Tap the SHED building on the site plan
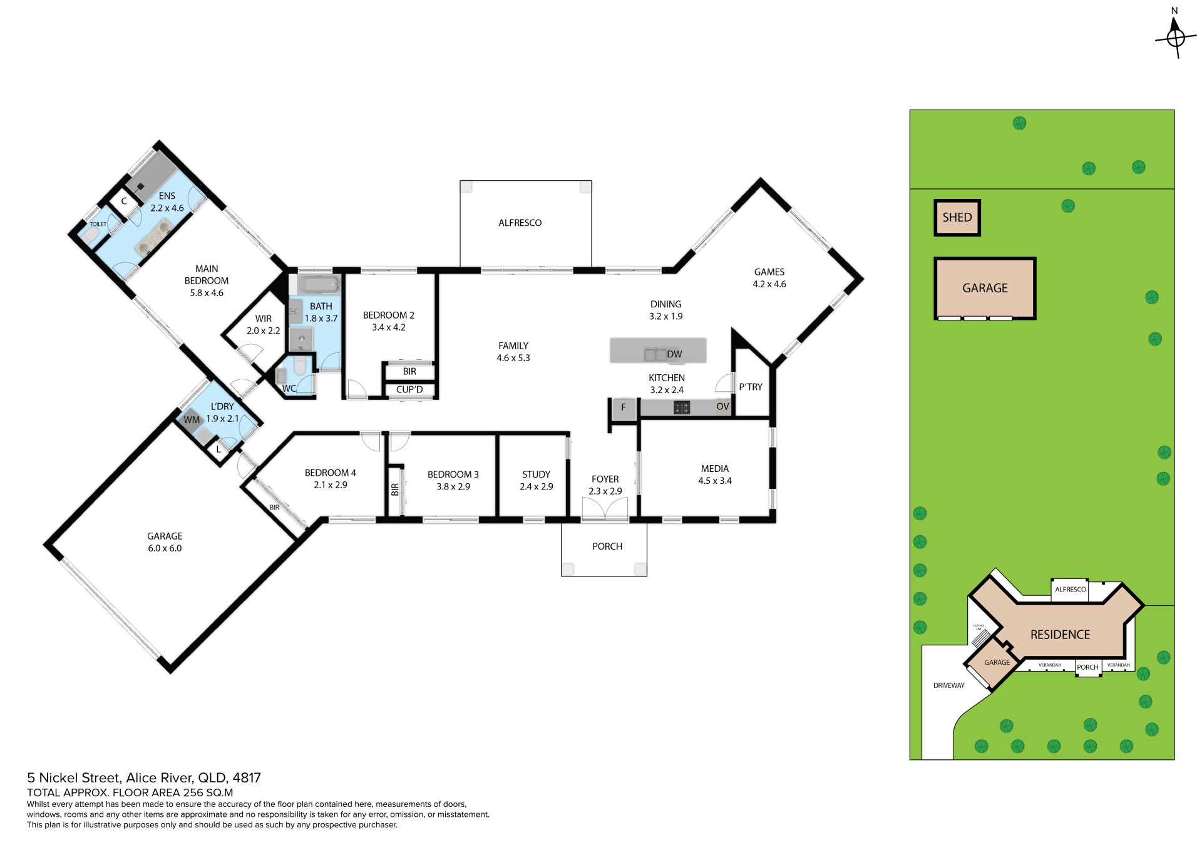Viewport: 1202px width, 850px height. click(957, 218)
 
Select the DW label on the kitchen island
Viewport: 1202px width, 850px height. click(674, 354)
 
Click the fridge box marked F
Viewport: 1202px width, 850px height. click(624, 407)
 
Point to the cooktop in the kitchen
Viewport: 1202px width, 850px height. click(682, 408)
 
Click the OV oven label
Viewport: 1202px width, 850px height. click(722, 407)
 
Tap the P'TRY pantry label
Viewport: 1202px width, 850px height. click(751, 387)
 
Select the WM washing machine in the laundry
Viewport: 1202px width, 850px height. click(192, 420)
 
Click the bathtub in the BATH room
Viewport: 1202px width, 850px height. click(319, 285)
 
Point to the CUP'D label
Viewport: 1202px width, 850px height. click(409, 389)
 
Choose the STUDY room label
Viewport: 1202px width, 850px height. click(537, 474)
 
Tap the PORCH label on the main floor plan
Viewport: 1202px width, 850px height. click(607, 546)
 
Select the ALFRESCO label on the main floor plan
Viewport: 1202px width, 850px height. click(520, 223)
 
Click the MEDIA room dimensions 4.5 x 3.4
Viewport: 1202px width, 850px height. click(715, 481)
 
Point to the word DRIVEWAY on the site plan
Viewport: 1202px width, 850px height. click(949, 685)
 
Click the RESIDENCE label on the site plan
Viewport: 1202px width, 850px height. click(1061, 635)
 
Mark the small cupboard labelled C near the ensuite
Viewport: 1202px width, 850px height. click(124, 201)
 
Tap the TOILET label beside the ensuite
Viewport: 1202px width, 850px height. click(98, 224)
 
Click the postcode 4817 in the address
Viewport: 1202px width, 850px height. click(247, 778)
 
